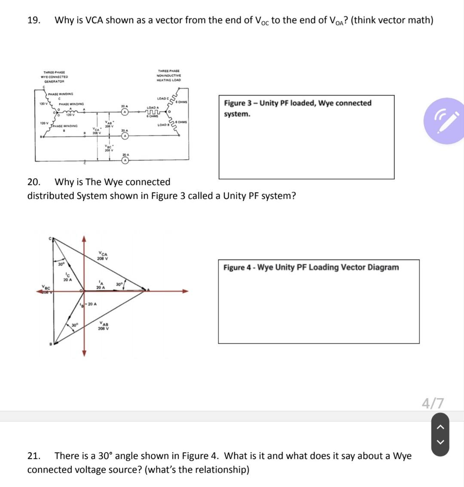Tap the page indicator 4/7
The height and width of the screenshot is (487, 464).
pyautogui.click(x=433, y=403)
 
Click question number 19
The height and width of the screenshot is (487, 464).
pyautogui.click(x=34, y=20)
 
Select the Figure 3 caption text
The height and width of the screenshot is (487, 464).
pyautogui.click(x=297, y=108)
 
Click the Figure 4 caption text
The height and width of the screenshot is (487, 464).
pyautogui.click(x=311, y=268)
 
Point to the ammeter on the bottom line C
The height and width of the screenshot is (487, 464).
pyautogui.click(x=125, y=161)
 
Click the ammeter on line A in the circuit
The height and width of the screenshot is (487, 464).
pyautogui.click(x=125, y=112)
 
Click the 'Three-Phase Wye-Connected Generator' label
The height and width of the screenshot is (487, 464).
pyautogui.click(x=54, y=76)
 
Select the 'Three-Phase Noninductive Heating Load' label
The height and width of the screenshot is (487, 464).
pyautogui.click(x=168, y=75)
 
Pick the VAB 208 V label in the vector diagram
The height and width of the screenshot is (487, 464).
pyautogui.click(x=103, y=326)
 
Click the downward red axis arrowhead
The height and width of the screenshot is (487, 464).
pyautogui.click(x=85, y=353)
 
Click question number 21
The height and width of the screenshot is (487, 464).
pyautogui.click(x=34, y=456)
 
